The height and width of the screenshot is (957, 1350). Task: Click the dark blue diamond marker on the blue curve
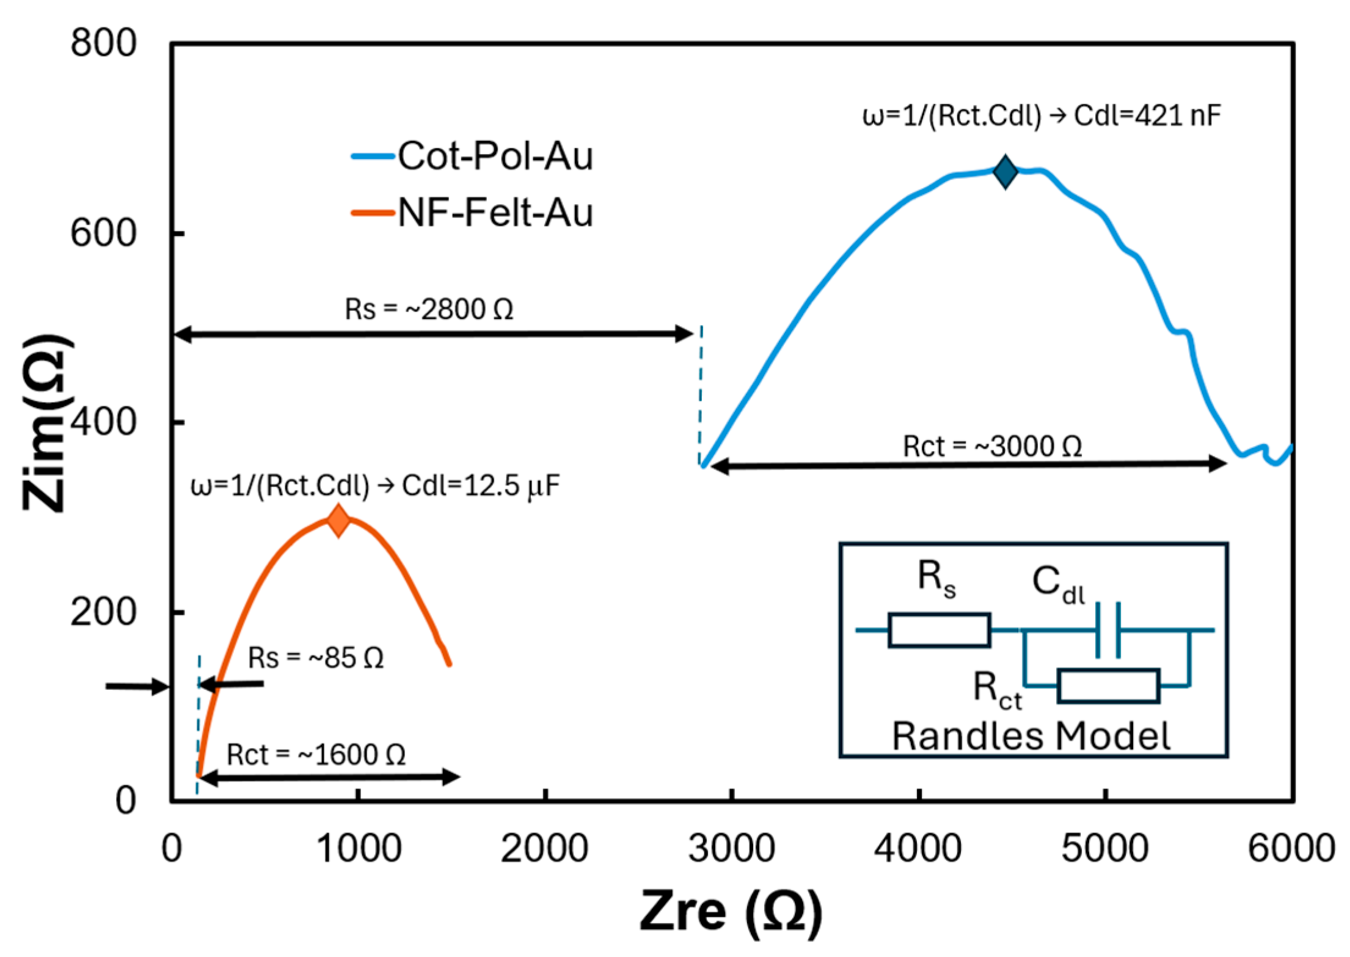1005,172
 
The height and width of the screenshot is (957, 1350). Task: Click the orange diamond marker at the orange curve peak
338,521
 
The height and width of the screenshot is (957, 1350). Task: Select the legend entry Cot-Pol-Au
495,156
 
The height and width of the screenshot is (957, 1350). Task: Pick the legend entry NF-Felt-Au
495,213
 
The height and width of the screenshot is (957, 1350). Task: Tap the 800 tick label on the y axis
103,43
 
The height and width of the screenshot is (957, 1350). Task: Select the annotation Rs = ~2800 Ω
429,309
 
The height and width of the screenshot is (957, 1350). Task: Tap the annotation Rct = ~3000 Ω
993,446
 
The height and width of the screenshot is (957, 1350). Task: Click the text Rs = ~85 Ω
316,658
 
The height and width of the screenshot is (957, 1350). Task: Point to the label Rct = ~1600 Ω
316,755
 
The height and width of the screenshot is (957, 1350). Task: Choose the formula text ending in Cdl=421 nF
1041,116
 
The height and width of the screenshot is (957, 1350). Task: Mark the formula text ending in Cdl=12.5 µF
375,486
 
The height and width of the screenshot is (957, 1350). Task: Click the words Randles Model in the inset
1031,736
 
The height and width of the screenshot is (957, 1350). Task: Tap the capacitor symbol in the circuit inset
1107,630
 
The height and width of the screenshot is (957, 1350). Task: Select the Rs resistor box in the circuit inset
939,630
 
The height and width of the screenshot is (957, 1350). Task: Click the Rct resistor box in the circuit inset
1108,686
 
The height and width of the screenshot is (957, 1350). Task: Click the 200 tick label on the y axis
103,611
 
